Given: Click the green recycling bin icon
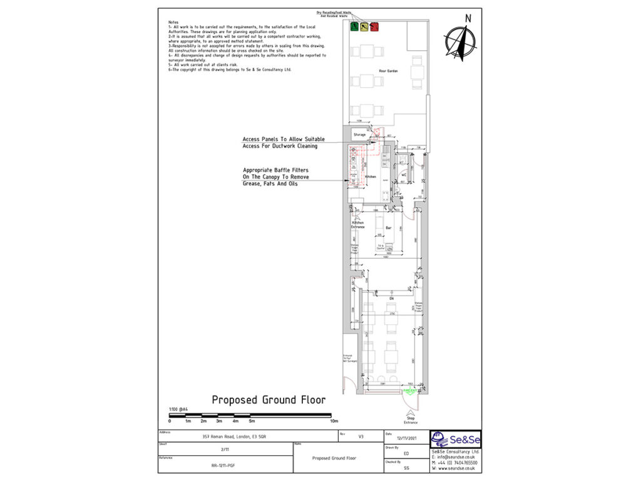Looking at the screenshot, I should tap(354, 26).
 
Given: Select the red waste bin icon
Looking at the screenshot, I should tap(374, 26).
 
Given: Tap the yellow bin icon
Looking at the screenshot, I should tap(364, 26).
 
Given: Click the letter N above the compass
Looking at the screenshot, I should tap(467, 18).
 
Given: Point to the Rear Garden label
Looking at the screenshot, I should tap(388, 71).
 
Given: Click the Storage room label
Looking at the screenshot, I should tap(359, 135).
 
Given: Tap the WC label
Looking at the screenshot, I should tap(404, 175).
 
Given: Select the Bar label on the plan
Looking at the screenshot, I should tap(388, 227).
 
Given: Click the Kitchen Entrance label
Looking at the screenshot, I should tap(357, 224).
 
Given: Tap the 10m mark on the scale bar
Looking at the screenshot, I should tap(334, 421).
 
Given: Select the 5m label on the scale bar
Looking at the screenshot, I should tap(251, 421).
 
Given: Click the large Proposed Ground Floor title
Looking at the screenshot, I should tap(268, 400).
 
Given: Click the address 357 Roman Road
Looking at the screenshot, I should tap(237, 436).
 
